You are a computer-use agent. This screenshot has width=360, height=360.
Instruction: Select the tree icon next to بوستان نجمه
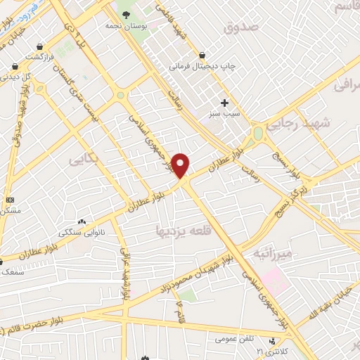coord(126,13)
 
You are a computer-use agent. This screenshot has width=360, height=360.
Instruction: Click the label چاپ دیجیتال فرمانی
coord(200,67)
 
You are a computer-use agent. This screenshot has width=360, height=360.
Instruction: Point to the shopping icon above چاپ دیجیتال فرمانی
coord(202,55)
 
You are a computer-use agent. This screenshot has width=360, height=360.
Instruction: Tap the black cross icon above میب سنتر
coord(224,103)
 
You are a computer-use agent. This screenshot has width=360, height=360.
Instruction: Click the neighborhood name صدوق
coord(240,27)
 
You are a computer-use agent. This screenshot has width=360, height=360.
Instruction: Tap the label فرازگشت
coord(39,56)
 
